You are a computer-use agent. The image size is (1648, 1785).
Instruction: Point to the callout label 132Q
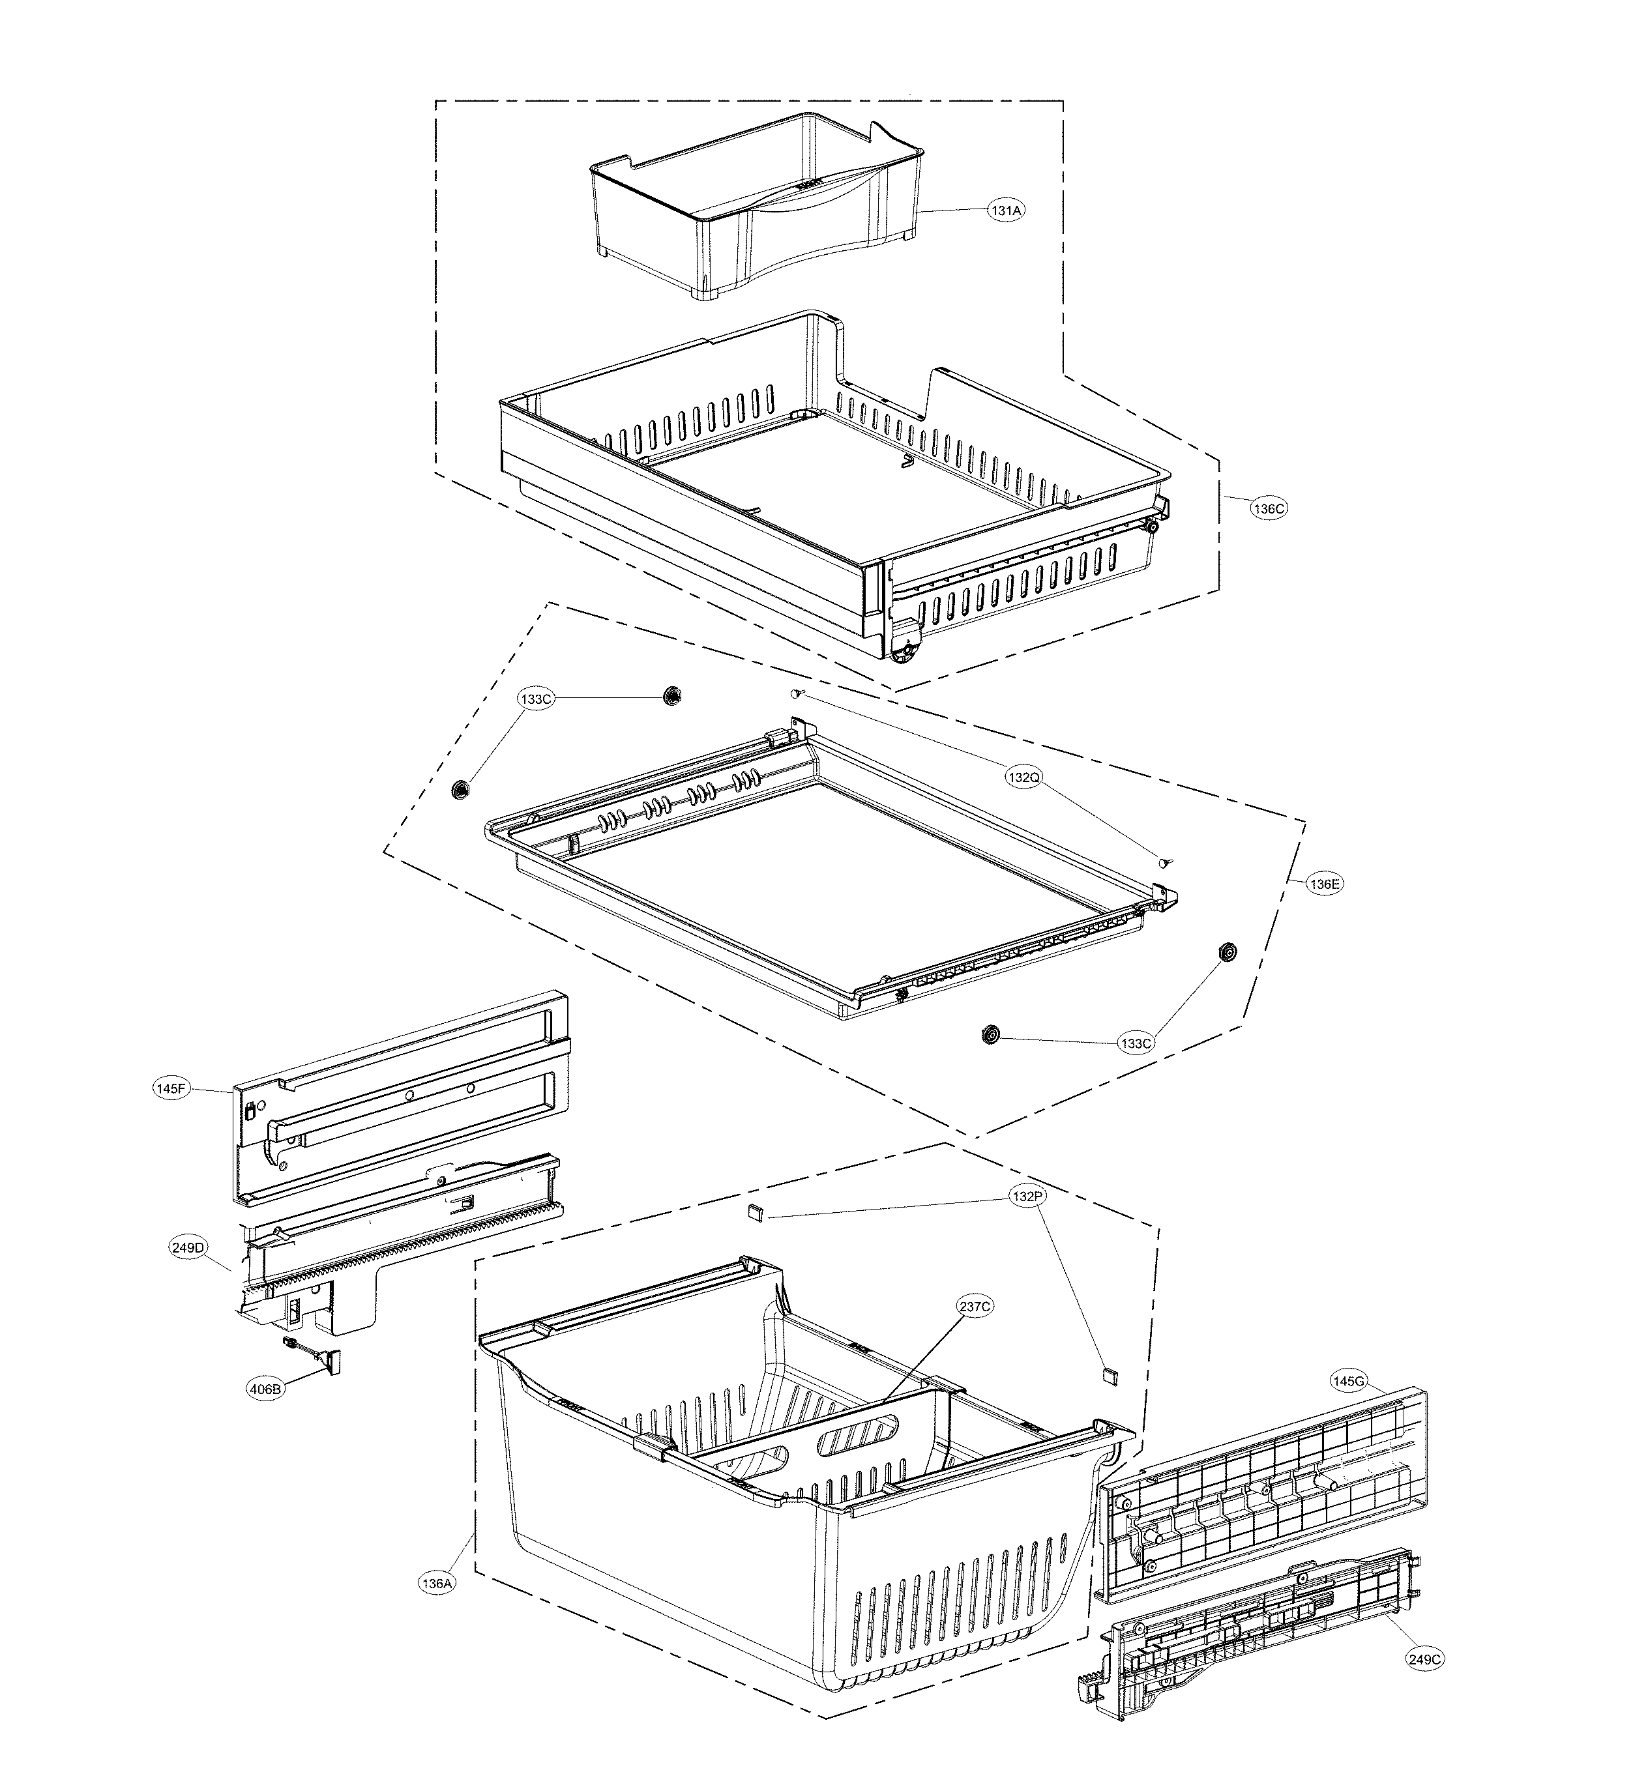click(1023, 777)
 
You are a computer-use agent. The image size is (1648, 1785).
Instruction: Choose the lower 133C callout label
click(1136, 1043)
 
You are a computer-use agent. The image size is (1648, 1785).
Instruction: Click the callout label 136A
click(437, 1584)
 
